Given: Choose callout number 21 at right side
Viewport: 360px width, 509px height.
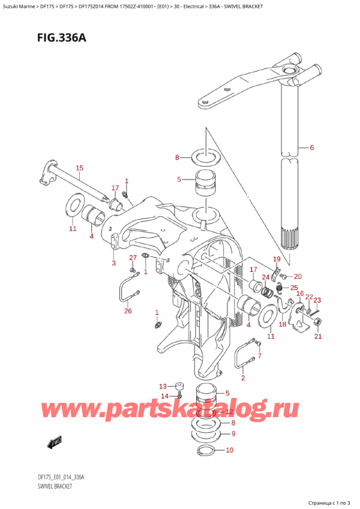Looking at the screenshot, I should click(318, 337).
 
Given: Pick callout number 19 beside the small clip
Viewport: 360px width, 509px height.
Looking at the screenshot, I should click(276, 259).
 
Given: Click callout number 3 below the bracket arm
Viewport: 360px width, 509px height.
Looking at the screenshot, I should click(113, 262).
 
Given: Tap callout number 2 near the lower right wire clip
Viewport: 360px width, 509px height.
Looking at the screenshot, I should click(243, 378).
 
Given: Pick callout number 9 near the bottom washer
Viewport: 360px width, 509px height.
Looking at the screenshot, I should click(233, 433).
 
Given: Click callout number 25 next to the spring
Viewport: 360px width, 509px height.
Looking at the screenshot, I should click(293, 288).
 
